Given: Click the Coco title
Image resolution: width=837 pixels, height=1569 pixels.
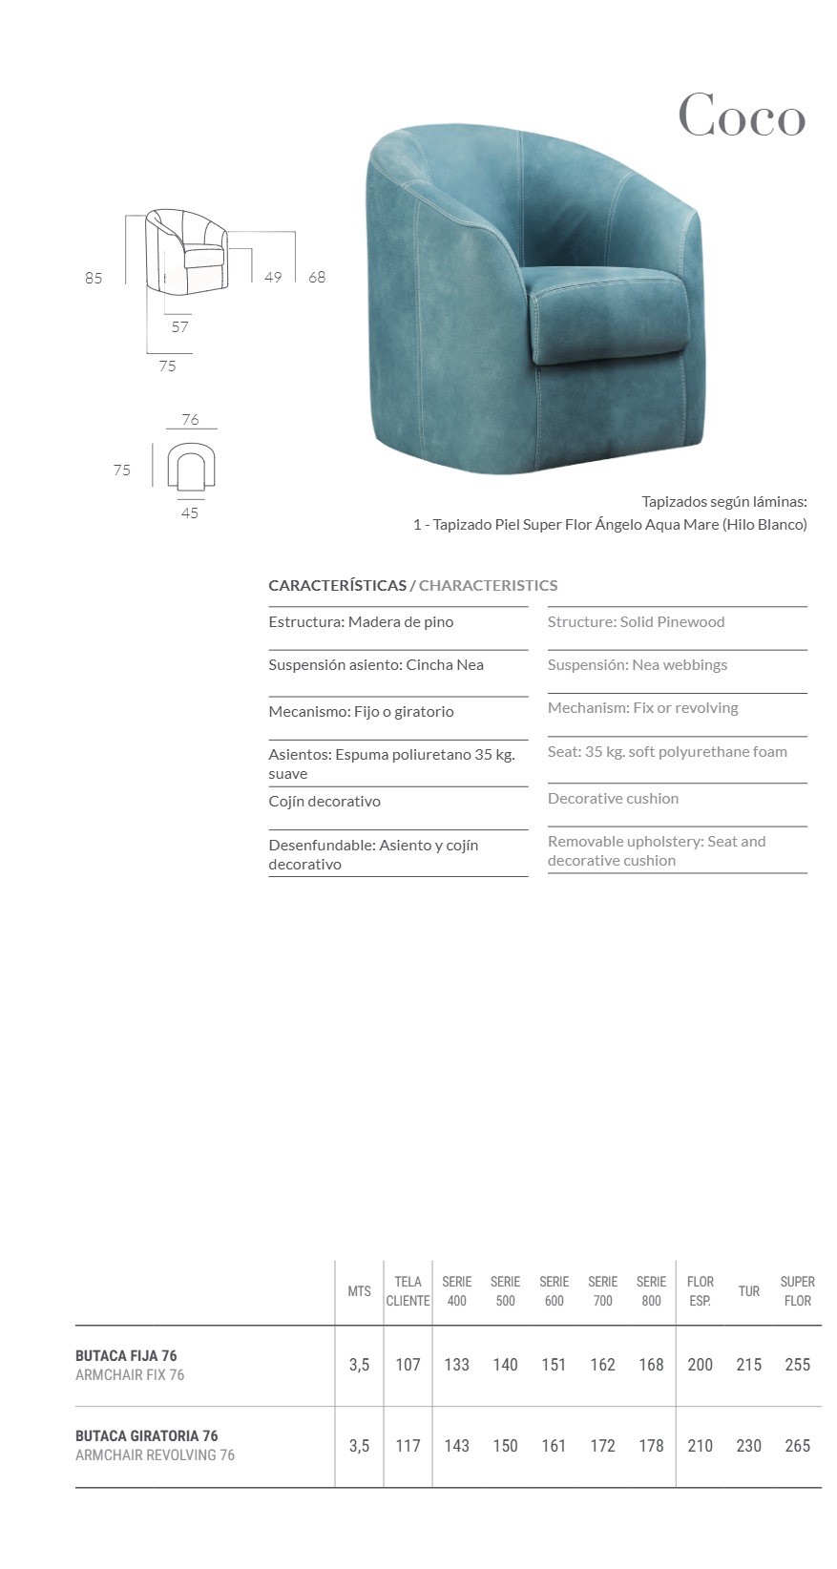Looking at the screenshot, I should [x=742, y=116].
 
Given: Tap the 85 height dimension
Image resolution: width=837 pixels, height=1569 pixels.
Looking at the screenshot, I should [x=94, y=278].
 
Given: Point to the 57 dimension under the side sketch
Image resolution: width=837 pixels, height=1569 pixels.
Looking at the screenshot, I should [x=180, y=326].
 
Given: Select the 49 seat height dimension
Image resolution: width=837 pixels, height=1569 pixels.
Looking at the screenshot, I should [x=273, y=277].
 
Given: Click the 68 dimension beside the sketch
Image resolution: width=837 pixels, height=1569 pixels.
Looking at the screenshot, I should [x=317, y=277].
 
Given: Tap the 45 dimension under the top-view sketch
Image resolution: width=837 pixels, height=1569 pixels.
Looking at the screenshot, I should [x=190, y=513].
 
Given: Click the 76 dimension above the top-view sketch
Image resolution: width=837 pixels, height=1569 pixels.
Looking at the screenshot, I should [x=190, y=419].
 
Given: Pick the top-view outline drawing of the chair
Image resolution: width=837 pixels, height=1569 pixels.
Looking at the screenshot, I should [x=190, y=466].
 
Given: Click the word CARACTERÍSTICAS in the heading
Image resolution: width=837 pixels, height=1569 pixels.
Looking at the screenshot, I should [x=337, y=585].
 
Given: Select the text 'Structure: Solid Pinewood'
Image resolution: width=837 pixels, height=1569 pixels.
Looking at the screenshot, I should [x=636, y=621].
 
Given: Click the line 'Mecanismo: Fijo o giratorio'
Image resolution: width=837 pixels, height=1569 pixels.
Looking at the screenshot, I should [x=361, y=711].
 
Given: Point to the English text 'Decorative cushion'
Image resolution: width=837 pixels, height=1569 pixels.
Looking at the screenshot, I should [x=613, y=798].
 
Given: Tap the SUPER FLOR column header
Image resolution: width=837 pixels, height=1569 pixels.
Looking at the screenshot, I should [x=797, y=1290].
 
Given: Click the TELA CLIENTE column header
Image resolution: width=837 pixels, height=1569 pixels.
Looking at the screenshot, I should [x=408, y=1290].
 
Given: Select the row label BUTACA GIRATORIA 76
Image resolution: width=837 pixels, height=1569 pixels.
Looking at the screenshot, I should [x=147, y=1435].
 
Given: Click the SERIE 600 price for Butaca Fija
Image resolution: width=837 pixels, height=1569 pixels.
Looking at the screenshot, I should [x=554, y=1365].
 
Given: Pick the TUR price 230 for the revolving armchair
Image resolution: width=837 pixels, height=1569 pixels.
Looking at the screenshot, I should [x=749, y=1446].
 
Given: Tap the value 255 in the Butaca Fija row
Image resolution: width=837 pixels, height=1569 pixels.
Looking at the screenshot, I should [x=797, y=1365].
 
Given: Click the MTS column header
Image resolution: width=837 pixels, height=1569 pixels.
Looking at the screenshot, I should [x=359, y=1291].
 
